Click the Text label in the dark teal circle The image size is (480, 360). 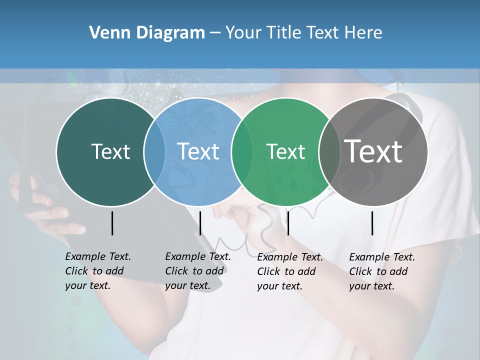tap(110, 151)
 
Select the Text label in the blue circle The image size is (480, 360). tap(198, 151)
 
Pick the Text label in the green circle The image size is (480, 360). tap(286, 151)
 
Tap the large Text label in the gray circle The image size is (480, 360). tap(373, 151)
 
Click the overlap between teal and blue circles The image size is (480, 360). tap(154, 151)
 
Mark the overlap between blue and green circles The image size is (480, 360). tap(242, 151)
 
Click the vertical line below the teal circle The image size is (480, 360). tap(112, 223)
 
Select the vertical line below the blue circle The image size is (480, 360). tap(200, 223)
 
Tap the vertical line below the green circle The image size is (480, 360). tap(288, 223)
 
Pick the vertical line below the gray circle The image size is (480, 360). tap(372, 223)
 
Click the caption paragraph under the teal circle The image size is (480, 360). tap(98, 271)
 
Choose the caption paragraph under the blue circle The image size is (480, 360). tap(198, 271)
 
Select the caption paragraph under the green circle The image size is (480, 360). tap(290, 271)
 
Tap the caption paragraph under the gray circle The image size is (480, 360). tap(382, 271)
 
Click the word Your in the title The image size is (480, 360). tap(243, 33)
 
